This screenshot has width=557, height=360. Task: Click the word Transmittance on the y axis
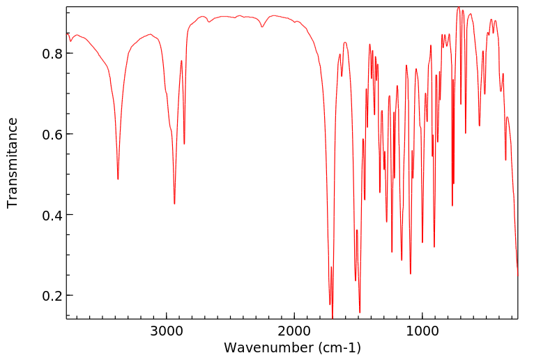click(13, 163)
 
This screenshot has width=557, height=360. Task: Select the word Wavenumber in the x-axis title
click(264, 347)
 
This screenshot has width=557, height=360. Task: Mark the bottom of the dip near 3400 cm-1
click(118, 179)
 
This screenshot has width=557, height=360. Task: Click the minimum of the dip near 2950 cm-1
click(174, 204)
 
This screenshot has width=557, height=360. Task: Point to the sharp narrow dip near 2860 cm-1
click(184, 144)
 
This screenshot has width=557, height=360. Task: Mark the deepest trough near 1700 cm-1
click(333, 318)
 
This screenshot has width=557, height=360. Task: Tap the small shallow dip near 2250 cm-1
click(262, 27)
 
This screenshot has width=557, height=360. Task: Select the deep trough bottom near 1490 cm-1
click(360, 313)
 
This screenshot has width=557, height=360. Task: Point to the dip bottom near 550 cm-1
click(480, 126)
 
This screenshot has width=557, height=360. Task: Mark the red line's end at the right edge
click(517, 275)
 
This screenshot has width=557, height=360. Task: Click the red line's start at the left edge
click(67, 33)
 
